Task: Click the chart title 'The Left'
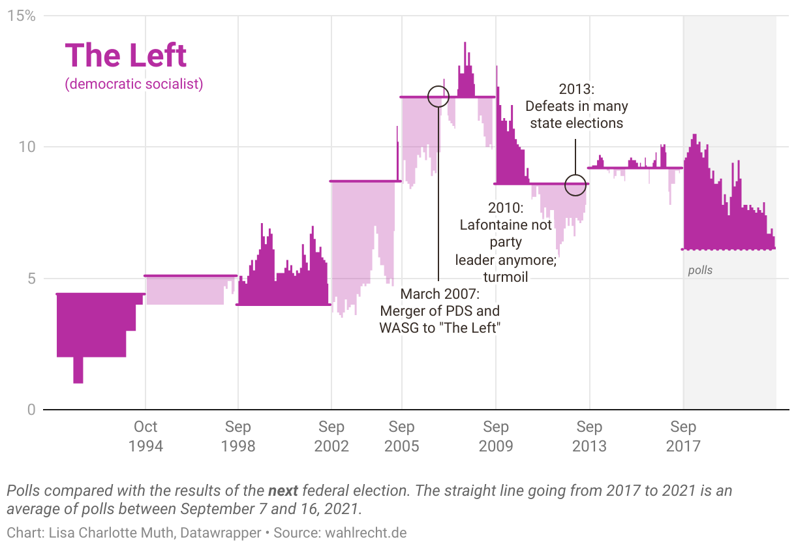point(126,55)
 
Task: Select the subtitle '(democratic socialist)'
point(134,84)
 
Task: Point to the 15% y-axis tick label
point(21,15)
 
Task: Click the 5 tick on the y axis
point(31,279)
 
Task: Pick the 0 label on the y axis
point(31,410)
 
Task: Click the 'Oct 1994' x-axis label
point(145,436)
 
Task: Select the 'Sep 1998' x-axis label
point(238,436)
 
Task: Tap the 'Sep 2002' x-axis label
point(331,436)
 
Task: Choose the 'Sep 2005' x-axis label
point(402,436)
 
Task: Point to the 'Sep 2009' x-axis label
point(496,436)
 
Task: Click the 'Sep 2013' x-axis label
point(589,436)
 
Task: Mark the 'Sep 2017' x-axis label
point(683,436)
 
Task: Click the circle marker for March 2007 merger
point(438,97)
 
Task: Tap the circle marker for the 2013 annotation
point(575,185)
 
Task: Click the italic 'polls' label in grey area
point(700,270)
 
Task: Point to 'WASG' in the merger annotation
point(399,327)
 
